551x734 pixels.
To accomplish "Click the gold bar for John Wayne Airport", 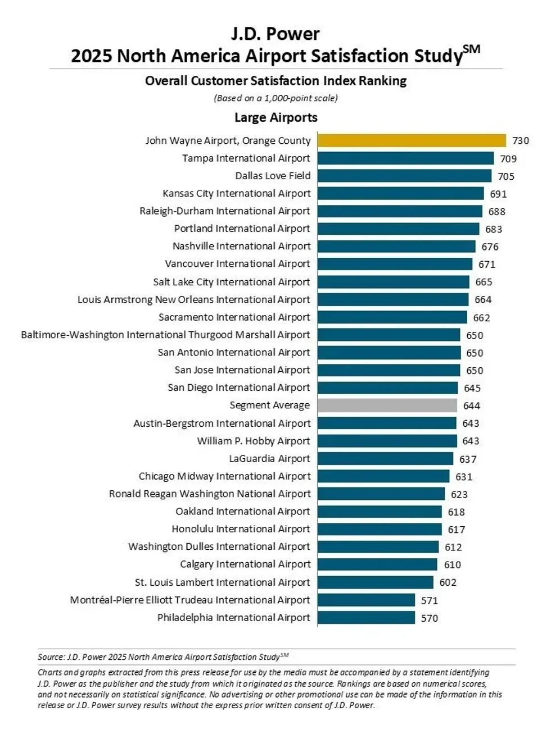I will point(412,140).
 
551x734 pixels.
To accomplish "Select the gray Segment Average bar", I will point(387,405).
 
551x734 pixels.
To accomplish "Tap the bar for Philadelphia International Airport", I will point(366,618).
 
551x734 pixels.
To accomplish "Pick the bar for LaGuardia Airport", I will point(385,459).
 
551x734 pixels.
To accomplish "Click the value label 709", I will point(508,159).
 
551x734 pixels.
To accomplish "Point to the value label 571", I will point(430,600).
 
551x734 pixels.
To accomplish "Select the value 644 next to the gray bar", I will point(472,405).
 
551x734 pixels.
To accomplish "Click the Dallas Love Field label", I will point(273,176).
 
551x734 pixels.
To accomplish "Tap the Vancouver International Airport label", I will point(237,264).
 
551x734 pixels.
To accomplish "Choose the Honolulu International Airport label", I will point(241,529).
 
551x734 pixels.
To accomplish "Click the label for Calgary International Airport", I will point(245,564).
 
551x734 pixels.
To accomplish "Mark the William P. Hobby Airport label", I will point(254,441).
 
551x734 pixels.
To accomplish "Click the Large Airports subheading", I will point(275,117).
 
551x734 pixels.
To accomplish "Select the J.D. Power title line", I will point(275,34).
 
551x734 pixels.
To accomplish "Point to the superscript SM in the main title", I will point(472,49).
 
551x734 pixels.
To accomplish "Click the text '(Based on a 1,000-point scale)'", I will point(275,98).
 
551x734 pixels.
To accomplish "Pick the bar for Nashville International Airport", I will point(396,247).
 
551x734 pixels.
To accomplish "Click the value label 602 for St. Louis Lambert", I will point(448,582).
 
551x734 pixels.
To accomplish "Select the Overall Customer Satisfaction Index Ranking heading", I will point(275,81).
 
